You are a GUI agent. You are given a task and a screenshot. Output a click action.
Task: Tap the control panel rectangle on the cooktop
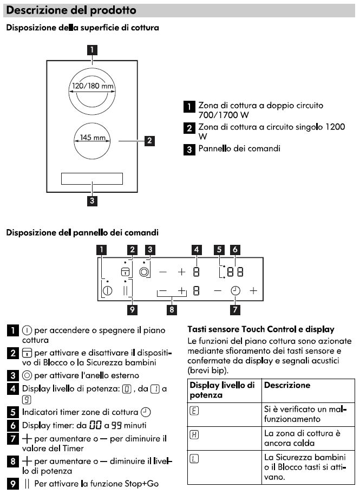[92, 179]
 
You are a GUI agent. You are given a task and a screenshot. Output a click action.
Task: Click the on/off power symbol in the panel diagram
[107, 291]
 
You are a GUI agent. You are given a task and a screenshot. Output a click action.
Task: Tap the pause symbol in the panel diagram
[126, 291]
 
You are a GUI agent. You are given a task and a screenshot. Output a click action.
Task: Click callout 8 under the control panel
[172, 310]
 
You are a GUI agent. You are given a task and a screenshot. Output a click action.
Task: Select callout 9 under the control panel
[131, 310]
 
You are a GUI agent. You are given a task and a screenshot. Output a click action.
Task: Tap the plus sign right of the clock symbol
[253, 291]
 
